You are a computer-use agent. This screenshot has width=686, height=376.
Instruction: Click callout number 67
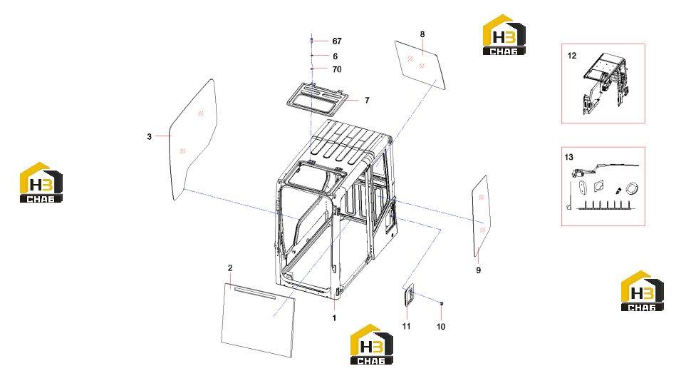click(336, 41)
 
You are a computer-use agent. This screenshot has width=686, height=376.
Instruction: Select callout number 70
click(336, 69)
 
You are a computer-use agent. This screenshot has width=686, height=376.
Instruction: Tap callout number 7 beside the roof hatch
click(367, 101)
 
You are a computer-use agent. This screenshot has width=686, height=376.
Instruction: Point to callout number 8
click(422, 34)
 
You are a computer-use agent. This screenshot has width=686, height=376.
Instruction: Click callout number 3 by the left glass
click(149, 137)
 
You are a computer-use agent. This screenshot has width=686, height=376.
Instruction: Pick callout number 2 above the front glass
click(230, 268)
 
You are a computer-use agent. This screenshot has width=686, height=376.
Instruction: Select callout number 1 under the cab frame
click(334, 317)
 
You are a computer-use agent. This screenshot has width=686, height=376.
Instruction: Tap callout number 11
click(407, 326)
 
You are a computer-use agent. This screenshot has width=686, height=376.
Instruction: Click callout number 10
click(440, 327)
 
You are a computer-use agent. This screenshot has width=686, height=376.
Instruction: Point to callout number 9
click(478, 270)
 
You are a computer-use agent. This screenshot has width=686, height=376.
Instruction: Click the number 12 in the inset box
click(572, 56)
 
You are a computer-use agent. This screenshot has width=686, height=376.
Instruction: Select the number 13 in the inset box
click(568, 157)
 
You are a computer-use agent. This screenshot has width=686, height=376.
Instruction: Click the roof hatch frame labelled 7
click(316, 95)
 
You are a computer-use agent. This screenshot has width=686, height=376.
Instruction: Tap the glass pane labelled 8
click(420, 65)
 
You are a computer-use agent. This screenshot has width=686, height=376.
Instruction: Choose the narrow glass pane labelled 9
click(482, 216)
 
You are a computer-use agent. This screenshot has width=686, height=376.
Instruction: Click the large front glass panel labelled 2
click(258, 320)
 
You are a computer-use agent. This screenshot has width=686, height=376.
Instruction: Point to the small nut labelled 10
click(441, 303)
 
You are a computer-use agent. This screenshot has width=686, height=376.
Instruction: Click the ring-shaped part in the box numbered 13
click(631, 188)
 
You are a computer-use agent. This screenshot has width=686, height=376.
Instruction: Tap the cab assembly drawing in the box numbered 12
click(605, 83)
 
